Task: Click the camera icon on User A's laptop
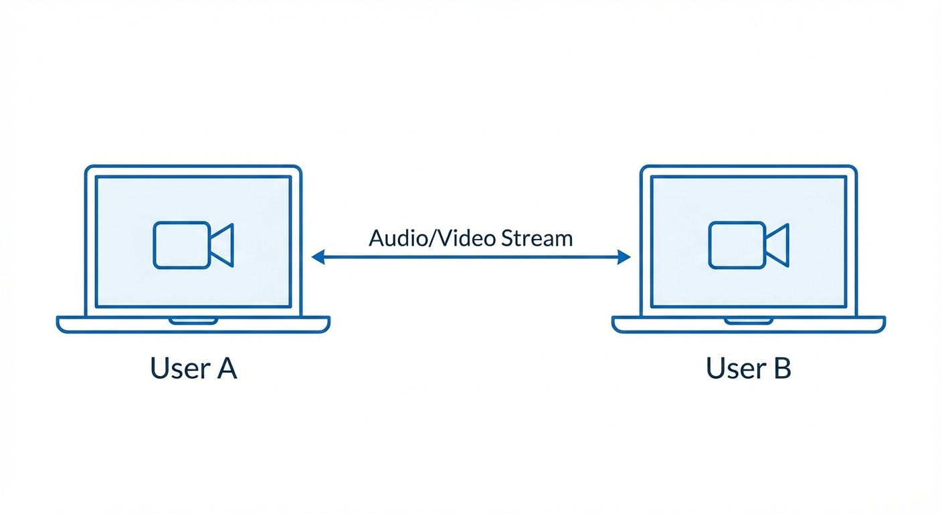coord(193,245)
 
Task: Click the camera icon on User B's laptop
coord(749,245)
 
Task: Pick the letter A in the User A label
coord(225,368)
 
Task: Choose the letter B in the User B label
coord(781,368)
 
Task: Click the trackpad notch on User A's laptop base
coord(193,321)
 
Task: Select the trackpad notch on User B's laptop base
coord(749,321)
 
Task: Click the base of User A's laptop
coord(100,325)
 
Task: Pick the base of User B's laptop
coord(656,325)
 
